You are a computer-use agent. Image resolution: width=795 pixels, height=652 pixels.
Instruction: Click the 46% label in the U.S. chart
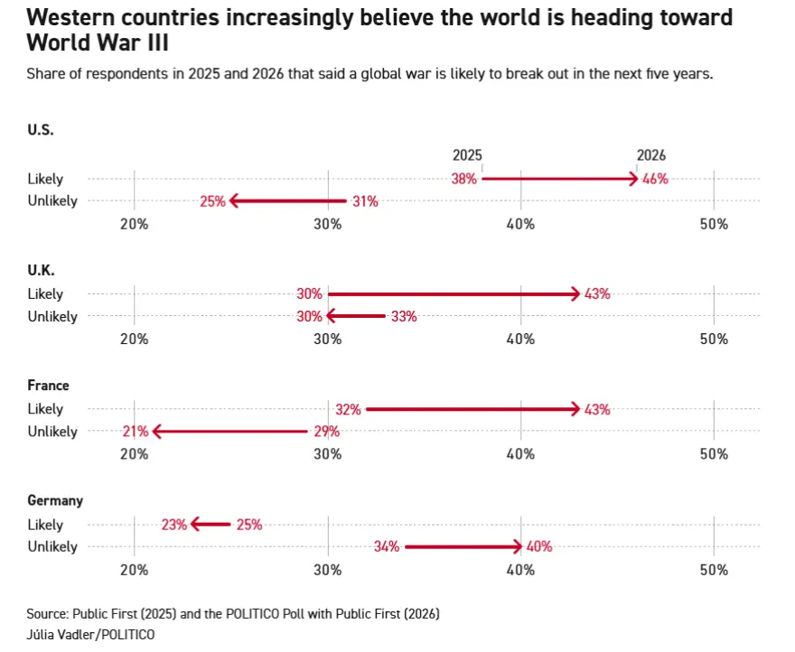click(x=655, y=179)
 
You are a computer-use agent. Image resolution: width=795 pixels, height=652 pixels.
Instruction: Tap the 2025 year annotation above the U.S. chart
click(x=467, y=155)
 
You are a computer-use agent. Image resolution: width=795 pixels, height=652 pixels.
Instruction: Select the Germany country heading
click(x=55, y=500)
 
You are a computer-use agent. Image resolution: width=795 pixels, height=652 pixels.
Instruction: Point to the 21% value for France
click(x=135, y=432)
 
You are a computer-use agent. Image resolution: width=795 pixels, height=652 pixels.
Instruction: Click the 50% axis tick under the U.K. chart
click(x=714, y=339)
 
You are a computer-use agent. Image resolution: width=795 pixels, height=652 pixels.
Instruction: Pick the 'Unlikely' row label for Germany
click(x=52, y=546)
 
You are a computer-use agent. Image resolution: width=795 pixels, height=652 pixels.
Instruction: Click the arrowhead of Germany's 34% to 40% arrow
click(x=518, y=546)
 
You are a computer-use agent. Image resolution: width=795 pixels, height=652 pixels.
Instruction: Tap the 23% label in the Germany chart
click(x=174, y=525)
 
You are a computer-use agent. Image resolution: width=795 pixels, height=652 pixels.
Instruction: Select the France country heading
click(x=48, y=386)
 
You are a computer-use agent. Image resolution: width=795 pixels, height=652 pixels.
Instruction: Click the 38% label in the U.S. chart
click(x=463, y=179)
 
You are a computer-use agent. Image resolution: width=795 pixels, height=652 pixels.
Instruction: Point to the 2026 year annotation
click(x=650, y=155)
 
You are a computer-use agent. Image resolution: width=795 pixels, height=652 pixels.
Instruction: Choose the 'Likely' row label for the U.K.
click(x=45, y=293)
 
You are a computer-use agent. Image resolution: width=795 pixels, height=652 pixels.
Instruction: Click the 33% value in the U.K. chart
click(x=404, y=316)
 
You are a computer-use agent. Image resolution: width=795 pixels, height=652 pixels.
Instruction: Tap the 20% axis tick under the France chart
click(x=135, y=453)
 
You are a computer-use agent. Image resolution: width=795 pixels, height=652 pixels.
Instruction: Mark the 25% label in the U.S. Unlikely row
click(x=212, y=201)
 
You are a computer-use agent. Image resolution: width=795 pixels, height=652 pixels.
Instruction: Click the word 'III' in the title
click(x=155, y=42)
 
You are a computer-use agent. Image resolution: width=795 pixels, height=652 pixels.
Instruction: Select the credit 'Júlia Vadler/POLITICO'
click(x=78, y=635)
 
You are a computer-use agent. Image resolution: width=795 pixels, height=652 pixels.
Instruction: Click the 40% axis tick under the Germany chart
click(x=520, y=569)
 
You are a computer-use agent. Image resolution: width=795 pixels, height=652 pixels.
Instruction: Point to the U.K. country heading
click(x=41, y=270)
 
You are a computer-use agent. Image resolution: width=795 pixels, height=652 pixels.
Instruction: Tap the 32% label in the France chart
click(x=348, y=409)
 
